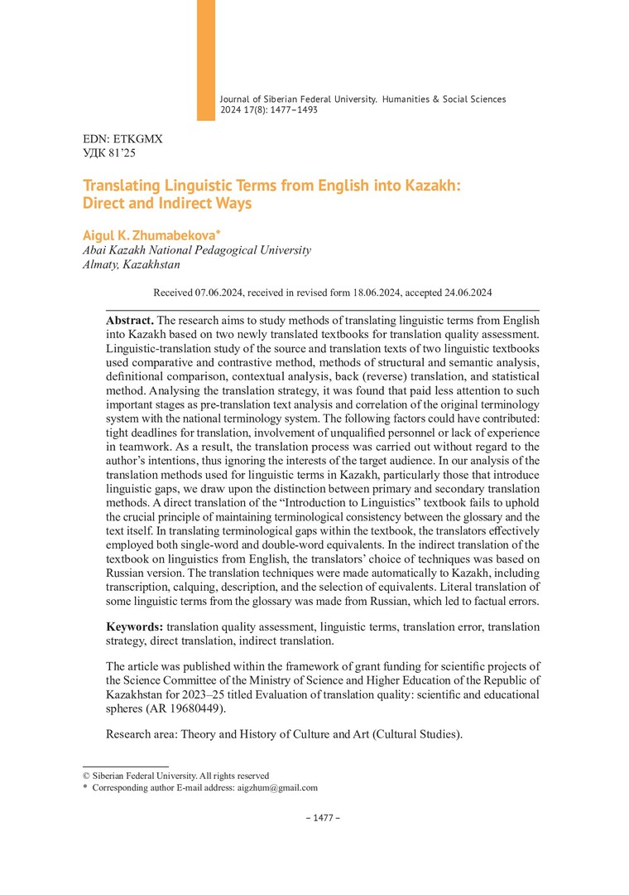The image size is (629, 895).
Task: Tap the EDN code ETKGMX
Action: [137, 139]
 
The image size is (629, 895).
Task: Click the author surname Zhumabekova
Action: [166, 235]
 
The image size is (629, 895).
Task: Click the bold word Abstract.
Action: [130, 320]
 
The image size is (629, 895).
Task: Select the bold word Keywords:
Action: [135, 626]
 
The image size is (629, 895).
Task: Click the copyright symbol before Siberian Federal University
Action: [86, 776]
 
